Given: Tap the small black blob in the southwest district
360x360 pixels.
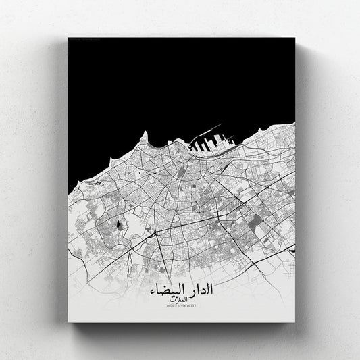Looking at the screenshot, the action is (122, 225).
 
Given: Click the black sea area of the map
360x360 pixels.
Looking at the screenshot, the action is (169, 81).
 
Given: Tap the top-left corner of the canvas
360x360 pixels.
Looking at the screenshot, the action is (68, 38).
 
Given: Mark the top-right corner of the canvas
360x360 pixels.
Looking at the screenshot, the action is (295, 38).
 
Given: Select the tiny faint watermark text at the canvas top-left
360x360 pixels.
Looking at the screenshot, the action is (84, 41).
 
